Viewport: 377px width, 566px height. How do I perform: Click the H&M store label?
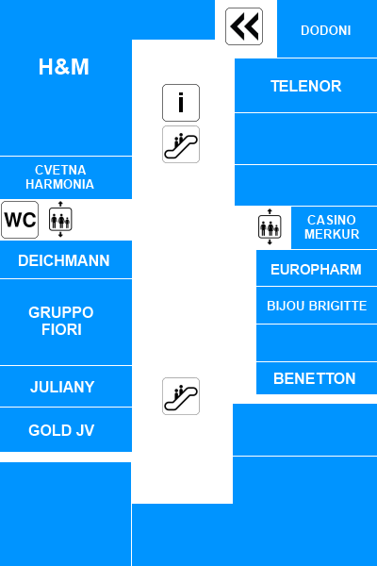coord(64,67)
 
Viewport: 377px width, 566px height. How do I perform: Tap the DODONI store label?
coord(326,30)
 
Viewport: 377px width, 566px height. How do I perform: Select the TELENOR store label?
coord(306,86)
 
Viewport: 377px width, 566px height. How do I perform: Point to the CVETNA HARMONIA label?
coord(60,177)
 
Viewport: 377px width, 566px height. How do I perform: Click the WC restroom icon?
coord(20,220)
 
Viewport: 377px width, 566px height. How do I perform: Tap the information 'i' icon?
coord(181,103)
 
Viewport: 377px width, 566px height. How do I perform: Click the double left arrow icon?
coord(244,26)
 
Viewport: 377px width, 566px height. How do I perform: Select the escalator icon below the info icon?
coord(181,144)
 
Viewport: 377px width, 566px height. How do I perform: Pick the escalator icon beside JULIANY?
coord(181,396)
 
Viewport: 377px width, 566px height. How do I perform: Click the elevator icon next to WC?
coord(60,219)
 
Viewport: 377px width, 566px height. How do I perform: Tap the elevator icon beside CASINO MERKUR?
coord(270,226)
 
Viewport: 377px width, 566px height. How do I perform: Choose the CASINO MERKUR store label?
coord(332,227)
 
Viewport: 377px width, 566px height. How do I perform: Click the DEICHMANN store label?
coord(64,260)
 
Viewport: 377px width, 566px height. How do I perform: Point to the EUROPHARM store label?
coord(316,270)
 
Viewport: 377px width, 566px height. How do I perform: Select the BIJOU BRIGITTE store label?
coord(317,306)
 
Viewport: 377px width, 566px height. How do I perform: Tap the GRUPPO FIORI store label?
coord(61,321)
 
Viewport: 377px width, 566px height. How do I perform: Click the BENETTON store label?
coord(315,378)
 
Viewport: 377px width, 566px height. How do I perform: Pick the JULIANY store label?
coord(62,387)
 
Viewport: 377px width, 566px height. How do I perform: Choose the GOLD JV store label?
coord(61,430)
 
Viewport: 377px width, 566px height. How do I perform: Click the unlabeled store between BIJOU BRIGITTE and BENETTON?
coord(317,343)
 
